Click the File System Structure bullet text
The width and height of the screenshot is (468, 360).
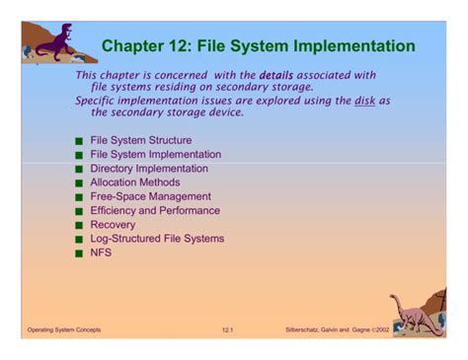140,140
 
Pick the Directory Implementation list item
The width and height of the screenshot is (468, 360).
149,169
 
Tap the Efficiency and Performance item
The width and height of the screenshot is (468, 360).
155,210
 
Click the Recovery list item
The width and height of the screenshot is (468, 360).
114,224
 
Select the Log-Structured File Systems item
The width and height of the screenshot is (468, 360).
157,238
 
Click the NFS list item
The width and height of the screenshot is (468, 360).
101,252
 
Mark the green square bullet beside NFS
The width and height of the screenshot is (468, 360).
79,253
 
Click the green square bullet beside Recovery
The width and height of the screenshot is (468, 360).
79,225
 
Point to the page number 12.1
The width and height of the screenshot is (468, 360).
229,328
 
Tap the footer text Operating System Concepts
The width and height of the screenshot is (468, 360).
64,328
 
